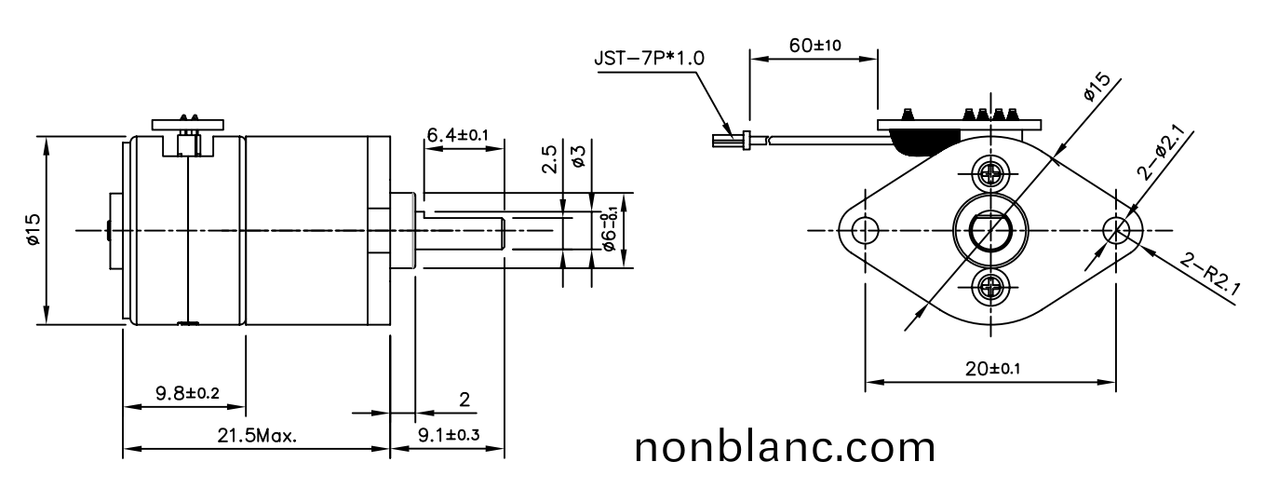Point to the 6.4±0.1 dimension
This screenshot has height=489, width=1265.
coord(458,136)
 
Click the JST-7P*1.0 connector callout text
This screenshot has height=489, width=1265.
coord(649,58)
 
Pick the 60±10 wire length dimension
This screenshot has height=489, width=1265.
coord(814,46)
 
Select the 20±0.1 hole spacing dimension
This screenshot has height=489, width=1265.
coord(992,368)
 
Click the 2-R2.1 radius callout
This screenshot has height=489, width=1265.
coord(1209,277)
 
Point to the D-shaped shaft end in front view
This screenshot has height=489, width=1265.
coord(988,229)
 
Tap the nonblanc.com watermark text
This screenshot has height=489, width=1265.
coord(785,448)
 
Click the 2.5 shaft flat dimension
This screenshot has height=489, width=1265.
coord(551,160)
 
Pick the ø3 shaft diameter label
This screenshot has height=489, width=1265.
coord(578,156)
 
